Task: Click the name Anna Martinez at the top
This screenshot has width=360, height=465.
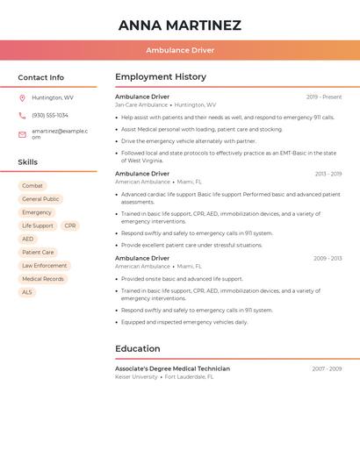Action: pos(179,25)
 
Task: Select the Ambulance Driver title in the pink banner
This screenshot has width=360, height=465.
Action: pos(179,50)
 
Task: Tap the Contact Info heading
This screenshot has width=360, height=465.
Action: pos(40,77)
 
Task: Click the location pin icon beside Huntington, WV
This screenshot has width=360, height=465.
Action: pos(22,98)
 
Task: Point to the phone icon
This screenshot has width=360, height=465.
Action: pos(22,116)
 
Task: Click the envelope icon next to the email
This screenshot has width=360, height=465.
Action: pos(22,134)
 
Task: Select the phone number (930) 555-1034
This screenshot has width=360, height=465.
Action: pos(50,116)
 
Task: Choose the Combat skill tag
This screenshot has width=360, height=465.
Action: pos(32,186)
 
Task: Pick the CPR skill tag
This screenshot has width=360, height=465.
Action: pos(70,225)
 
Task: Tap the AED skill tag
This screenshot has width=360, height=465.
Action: pos(28,239)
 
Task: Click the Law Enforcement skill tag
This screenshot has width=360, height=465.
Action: pos(44,266)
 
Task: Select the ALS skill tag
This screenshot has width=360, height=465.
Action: pos(27,292)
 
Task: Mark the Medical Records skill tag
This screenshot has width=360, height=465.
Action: pos(43,279)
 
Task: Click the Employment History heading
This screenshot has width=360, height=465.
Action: pos(161,77)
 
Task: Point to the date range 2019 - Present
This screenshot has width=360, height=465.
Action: pos(324,97)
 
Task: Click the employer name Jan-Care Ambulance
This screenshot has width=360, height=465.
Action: pos(141,105)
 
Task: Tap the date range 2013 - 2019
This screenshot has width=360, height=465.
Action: pos(328,174)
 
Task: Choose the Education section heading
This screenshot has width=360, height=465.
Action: pos(138,348)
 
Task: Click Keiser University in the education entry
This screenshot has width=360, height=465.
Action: pos(136,377)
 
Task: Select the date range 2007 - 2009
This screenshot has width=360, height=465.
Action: pos(327,368)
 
